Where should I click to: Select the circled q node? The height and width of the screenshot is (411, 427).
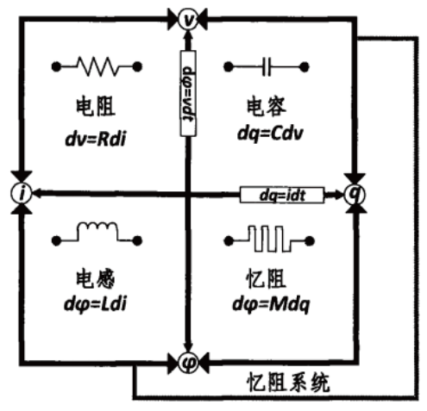(x=354, y=195)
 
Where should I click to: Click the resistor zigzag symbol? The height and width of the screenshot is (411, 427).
(x=98, y=64)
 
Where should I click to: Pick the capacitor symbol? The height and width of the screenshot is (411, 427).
(x=267, y=64)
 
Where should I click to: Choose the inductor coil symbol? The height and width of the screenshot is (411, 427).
(x=97, y=233)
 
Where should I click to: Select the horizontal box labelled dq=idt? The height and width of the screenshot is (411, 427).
(x=281, y=196)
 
